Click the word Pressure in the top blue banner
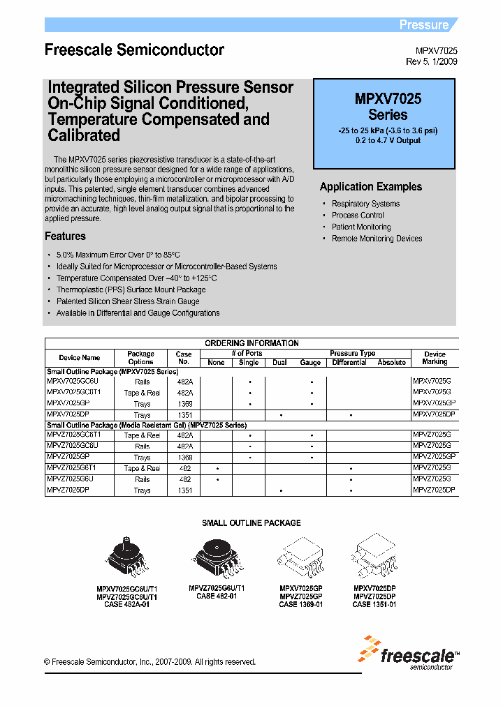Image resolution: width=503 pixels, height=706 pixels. click(423, 25)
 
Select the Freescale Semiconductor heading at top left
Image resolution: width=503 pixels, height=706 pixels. click(134, 50)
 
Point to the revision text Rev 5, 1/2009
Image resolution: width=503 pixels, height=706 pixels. click(432, 61)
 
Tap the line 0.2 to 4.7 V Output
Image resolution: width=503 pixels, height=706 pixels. click(388, 140)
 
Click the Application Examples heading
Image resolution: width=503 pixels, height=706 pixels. click(370, 187)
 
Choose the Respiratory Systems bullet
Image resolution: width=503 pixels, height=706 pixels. click(365, 204)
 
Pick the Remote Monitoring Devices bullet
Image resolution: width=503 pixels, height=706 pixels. click(377, 239)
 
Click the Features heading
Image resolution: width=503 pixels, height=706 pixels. click(65, 236)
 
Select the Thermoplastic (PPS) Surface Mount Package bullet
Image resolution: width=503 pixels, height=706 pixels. click(131, 290)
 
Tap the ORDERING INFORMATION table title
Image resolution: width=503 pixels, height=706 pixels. click(251, 343)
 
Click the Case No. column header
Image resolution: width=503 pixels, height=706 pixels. click(184, 357)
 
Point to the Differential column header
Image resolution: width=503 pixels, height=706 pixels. click(349, 363)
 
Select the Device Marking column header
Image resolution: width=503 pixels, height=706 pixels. click(435, 358)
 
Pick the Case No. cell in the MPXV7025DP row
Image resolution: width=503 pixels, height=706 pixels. click(184, 415)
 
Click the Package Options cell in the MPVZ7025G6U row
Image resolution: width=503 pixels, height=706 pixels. click(142, 480)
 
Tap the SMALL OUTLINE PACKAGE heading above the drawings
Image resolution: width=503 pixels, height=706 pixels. click(251, 523)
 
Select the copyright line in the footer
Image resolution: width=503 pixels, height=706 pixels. click(150, 662)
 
